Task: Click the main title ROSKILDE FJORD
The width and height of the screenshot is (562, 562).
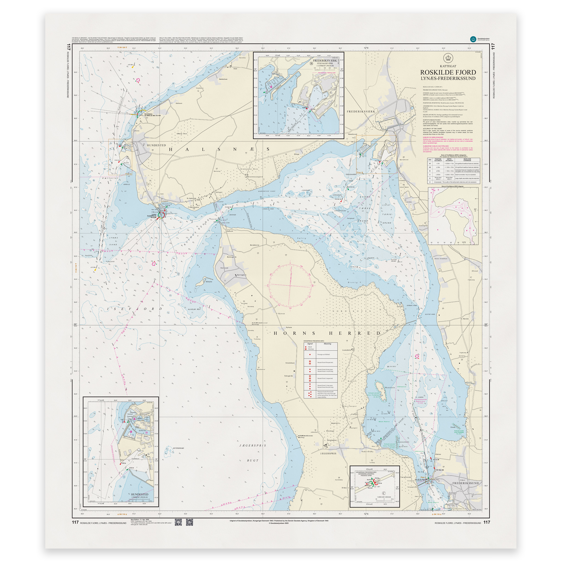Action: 448,72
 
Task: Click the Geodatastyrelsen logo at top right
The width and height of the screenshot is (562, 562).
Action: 473,39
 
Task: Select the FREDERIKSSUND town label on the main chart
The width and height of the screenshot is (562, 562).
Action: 465,483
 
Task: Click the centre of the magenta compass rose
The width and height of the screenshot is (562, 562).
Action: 290,286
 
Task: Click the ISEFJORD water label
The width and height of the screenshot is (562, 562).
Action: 135,309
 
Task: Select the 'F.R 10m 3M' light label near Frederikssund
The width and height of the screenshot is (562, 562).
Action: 439,470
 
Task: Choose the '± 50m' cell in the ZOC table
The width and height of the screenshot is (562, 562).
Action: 438,171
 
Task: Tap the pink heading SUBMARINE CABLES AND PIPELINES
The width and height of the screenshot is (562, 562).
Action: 435,146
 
